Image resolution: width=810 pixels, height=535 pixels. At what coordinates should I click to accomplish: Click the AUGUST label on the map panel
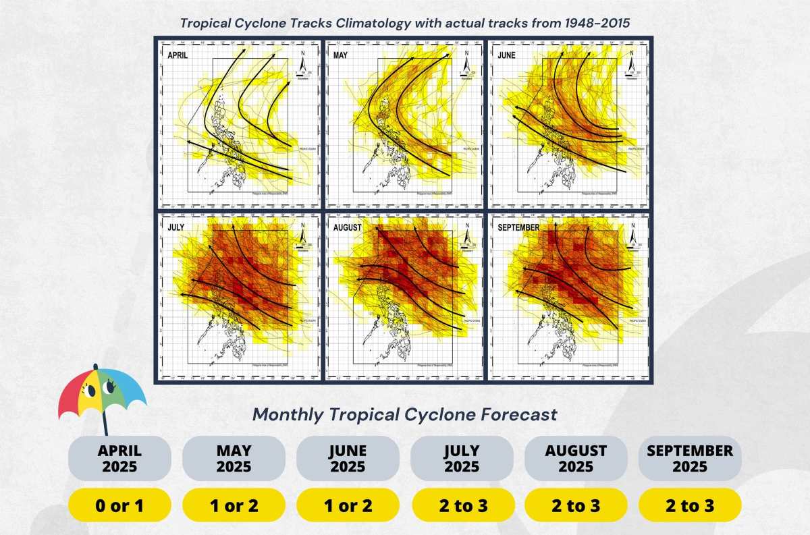pos(348,227)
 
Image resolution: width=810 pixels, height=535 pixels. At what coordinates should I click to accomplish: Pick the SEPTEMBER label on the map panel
pos(518,227)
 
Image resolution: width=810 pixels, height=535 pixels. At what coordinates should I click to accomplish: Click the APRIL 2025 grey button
pos(119,458)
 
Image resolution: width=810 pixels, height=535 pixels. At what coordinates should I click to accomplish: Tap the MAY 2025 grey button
pos(234,458)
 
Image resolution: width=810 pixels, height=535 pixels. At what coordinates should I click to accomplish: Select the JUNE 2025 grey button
pos(348,458)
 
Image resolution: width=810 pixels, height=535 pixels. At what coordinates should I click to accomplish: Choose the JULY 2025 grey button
pos(462,458)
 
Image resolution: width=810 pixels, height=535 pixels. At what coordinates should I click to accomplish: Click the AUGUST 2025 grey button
pos(576,458)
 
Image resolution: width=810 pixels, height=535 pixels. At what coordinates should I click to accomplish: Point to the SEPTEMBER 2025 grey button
pos(690,458)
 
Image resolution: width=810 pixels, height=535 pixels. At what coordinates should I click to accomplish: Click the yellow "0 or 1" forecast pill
pos(119,505)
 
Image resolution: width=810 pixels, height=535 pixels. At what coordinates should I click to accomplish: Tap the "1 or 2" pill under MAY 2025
pos(234,505)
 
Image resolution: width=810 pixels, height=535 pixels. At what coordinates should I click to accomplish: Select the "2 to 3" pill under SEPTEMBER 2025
pos(690,505)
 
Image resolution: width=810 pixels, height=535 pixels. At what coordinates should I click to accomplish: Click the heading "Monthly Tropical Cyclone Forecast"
pos(405,414)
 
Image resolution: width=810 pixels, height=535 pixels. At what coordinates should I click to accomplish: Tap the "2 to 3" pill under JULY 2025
pos(462,505)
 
